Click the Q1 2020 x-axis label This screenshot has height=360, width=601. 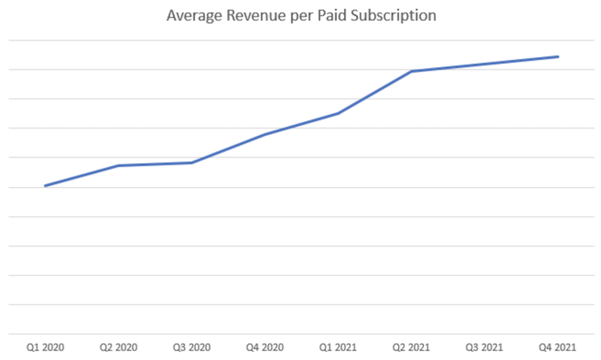[x=45, y=348]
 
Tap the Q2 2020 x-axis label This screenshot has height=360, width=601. [x=119, y=348]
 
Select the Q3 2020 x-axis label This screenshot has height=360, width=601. [x=192, y=348]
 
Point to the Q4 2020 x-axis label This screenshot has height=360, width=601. [x=265, y=348]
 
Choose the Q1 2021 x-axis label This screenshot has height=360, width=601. [x=338, y=348]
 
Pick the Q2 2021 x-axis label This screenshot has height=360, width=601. [x=412, y=348]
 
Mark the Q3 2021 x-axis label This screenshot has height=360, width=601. [x=485, y=348]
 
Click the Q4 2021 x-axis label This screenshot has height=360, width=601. [x=558, y=348]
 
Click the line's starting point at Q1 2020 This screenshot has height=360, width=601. [x=45, y=186]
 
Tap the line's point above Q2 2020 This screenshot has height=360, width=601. [x=119, y=165]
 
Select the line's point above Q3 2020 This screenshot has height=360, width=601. [x=192, y=162]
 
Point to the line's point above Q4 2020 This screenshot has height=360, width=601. [x=265, y=134]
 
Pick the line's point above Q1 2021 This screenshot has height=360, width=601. [x=338, y=113]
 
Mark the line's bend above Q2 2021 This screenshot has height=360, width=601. [x=412, y=71]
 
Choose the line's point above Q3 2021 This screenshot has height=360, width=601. [x=485, y=64]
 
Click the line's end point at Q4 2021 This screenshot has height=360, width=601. [x=558, y=56]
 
